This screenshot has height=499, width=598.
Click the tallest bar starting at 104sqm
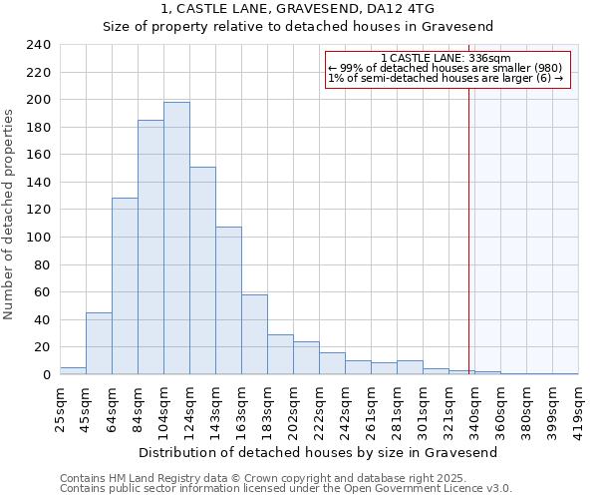coord(176,239)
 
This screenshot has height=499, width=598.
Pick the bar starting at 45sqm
coord(99,343)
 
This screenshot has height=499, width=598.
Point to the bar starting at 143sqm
coord(228,300)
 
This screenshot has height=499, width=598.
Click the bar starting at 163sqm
coord(254,334)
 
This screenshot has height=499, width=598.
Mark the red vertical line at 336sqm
coord(468,220)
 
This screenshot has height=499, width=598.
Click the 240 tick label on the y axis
coord(39,45)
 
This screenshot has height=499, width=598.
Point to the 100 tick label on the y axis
coord(39,238)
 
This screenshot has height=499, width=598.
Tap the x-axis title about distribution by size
coord(317,452)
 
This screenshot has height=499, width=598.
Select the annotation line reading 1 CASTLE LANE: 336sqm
coord(446,58)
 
